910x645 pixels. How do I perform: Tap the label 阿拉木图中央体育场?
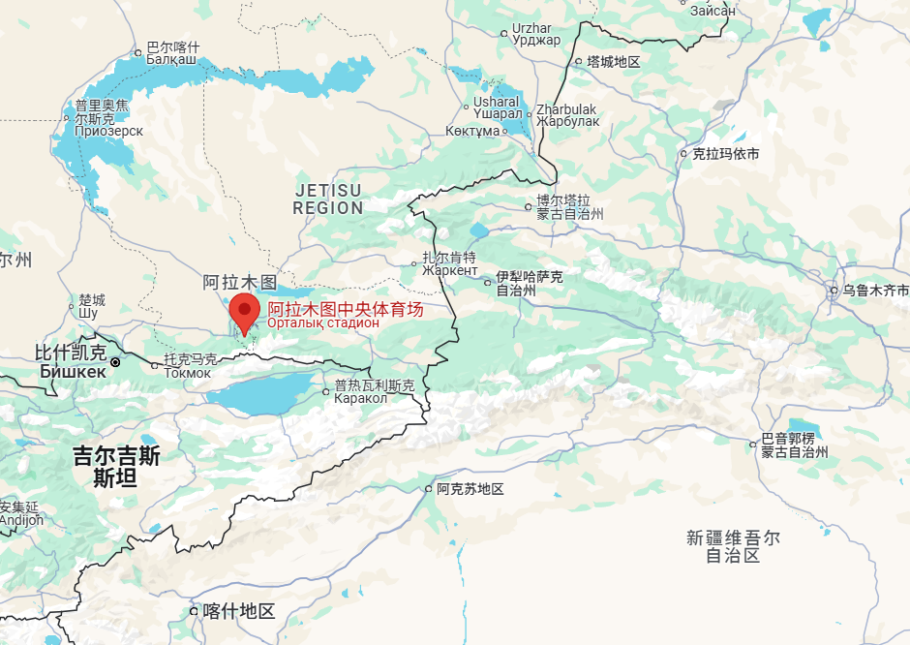click(346, 310)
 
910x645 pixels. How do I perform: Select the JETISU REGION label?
click(328, 199)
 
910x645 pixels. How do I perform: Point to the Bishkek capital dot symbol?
click(115, 362)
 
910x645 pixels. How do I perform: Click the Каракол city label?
click(361, 398)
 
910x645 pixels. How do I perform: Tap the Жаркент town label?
click(449, 270)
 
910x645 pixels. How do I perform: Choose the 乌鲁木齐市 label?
click(875, 291)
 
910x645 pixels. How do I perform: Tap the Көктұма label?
click(472, 131)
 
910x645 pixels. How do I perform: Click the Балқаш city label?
click(171, 60)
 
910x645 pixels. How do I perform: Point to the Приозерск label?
click(108, 131)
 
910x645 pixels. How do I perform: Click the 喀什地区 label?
click(238, 611)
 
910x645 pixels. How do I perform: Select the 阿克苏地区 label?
click(470, 489)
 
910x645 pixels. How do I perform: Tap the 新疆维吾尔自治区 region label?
click(733, 546)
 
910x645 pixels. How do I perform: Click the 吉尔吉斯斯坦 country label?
click(116, 466)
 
